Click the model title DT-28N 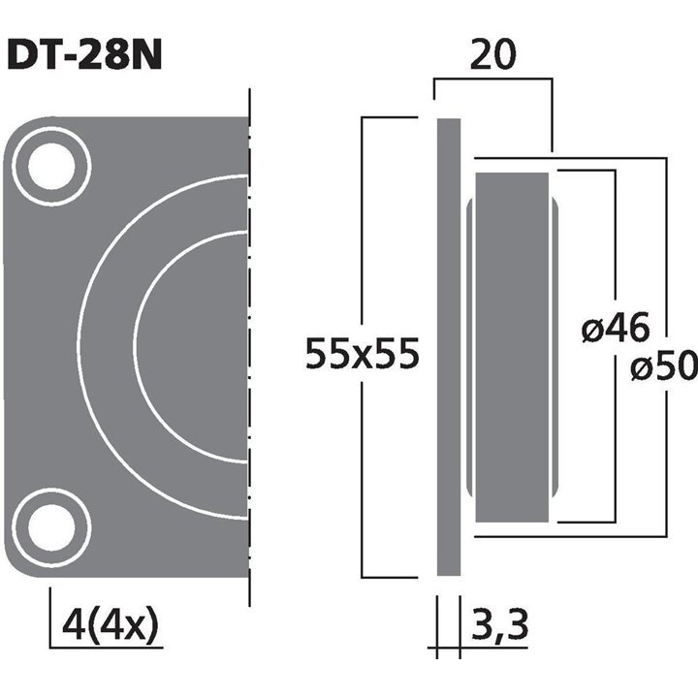84,55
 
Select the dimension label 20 492,56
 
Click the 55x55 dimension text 362,354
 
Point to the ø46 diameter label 616,330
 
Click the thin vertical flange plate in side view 448,347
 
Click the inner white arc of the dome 136,346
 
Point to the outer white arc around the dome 79,346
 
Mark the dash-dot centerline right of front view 250,347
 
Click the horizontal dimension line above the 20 492,81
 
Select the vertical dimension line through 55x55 362,242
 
